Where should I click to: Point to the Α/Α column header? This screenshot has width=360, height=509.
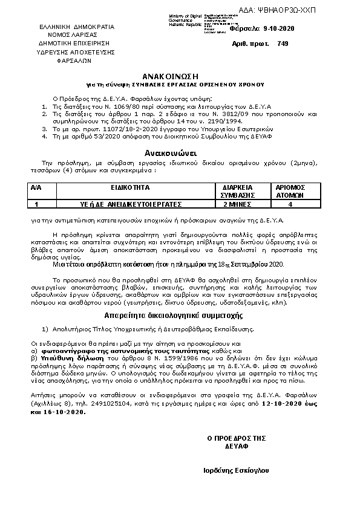pos(37,188)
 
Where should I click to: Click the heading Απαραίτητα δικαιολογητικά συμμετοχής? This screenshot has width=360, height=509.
pos(174,316)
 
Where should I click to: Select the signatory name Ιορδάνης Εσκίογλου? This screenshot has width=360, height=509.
pos(237,470)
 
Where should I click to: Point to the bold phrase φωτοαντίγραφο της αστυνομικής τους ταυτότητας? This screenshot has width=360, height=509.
pos(126,351)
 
